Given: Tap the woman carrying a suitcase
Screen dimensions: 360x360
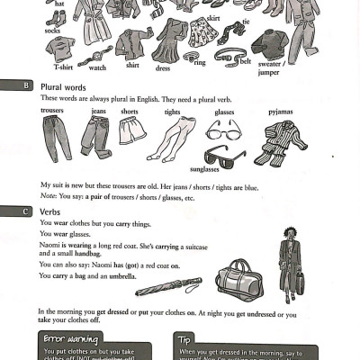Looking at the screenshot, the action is tap(290, 261).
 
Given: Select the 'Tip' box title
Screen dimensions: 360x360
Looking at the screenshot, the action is tap(185, 338).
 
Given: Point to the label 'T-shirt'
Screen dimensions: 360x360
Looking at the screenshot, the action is tap(62, 67).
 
